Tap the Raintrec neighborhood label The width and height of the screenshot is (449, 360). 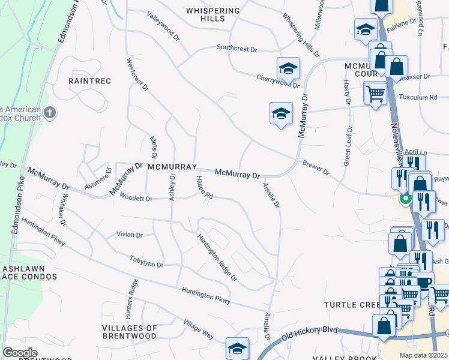(90, 80)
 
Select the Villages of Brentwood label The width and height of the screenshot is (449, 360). (130, 332)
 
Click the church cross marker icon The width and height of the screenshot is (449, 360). (50, 112)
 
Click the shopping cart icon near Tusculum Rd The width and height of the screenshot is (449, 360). (375, 93)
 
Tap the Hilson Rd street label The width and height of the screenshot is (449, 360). (205, 187)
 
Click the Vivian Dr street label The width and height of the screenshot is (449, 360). (130, 235)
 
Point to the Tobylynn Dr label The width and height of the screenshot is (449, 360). (146, 261)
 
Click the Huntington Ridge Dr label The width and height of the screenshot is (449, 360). (217, 257)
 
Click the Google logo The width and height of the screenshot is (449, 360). (20, 353)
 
